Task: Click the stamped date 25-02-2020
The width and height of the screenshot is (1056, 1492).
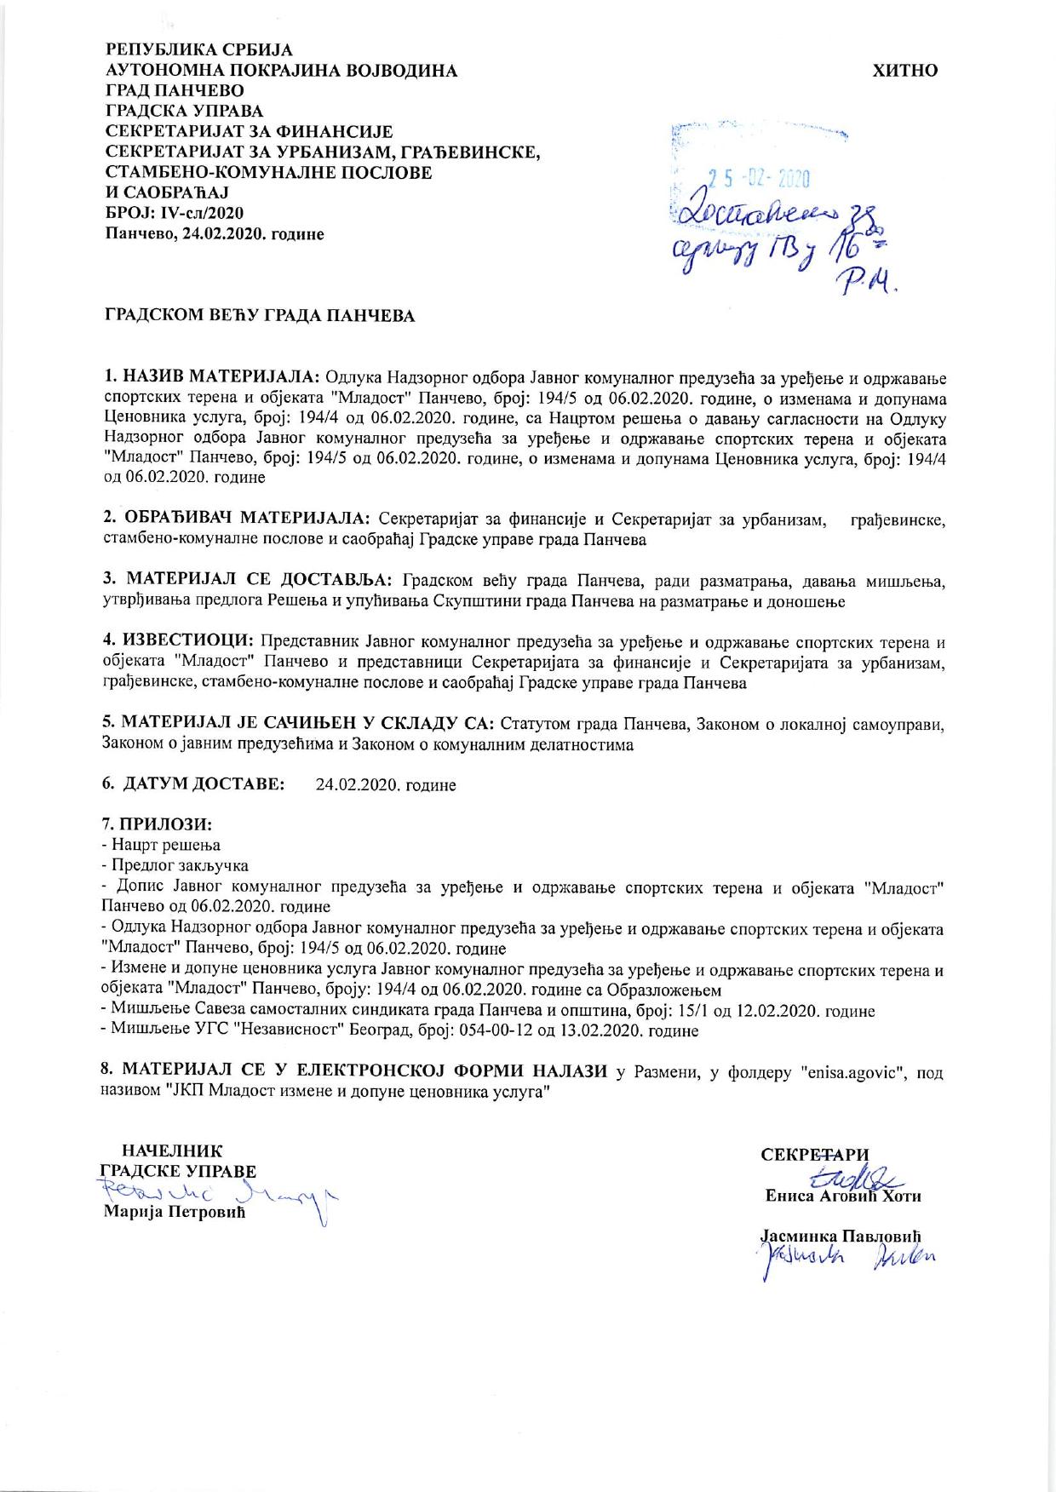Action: point(758,179)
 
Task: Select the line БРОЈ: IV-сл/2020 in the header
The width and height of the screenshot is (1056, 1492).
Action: point(175,213)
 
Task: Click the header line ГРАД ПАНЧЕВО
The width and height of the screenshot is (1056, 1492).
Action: point(175,91)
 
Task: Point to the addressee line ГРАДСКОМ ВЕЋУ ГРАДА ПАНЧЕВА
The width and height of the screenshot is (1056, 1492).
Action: point(260,317)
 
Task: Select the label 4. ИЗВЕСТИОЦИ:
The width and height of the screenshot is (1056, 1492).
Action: point(178,640)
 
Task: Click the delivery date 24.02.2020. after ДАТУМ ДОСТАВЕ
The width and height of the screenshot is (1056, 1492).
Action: point(385,785)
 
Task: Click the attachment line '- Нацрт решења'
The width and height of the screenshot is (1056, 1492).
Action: point(161,845)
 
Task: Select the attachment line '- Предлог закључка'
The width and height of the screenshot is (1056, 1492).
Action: point(175,866)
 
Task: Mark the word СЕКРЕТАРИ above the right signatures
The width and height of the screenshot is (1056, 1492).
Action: point(815,1154)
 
